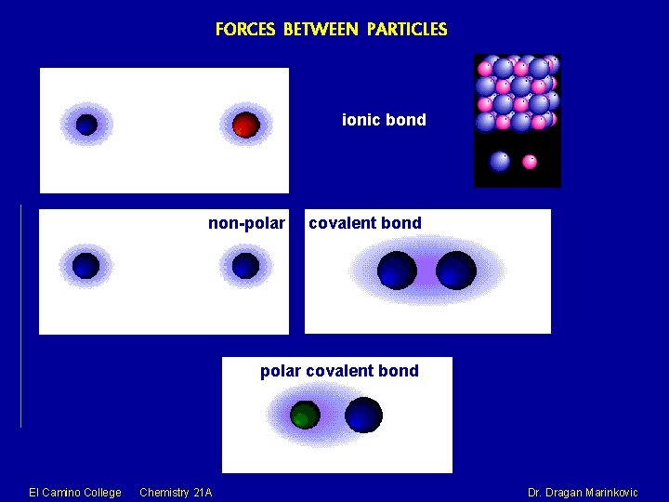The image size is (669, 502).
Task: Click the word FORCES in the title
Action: [x=246, y=29]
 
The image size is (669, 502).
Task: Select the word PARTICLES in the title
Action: [x=407, y=29]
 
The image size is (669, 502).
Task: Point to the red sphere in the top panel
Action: [x=245, y=125]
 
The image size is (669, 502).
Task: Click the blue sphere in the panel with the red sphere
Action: [x=86, y=124]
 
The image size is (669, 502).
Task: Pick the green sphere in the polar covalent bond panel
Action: [x=304, y=415]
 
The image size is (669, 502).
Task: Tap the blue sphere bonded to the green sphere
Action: [x=363, y=415]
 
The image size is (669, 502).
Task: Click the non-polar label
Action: [x=246, y=223]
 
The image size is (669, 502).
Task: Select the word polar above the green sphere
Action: [x=280, y=371]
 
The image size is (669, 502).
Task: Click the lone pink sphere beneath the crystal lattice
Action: [x=530, y=162]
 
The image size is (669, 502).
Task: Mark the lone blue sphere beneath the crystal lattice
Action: [x=500, y=161]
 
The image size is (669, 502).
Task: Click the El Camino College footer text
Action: [x=75, y=492]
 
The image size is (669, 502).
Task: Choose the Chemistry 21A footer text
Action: [x=176, y=492]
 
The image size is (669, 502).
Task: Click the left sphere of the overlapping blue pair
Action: [x=397, y=271]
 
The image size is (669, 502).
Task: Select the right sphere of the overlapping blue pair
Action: [x=456, y=271]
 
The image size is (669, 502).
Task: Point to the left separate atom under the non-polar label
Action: [x=85, y=266]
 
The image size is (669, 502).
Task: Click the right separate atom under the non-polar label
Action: [x=245, y=266]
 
